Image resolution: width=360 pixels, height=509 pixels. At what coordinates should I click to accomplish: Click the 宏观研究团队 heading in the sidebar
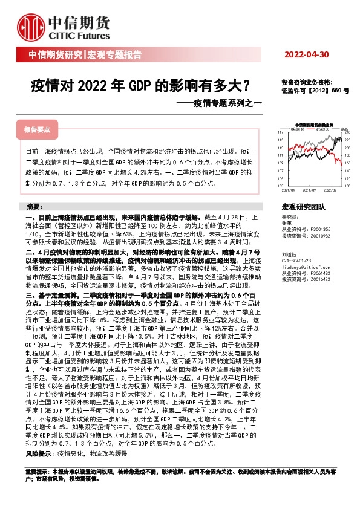pyautogui.click(x=304, y=207)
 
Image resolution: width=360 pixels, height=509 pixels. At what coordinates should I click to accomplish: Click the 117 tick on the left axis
pyautogui.click(x=280, y=131)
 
